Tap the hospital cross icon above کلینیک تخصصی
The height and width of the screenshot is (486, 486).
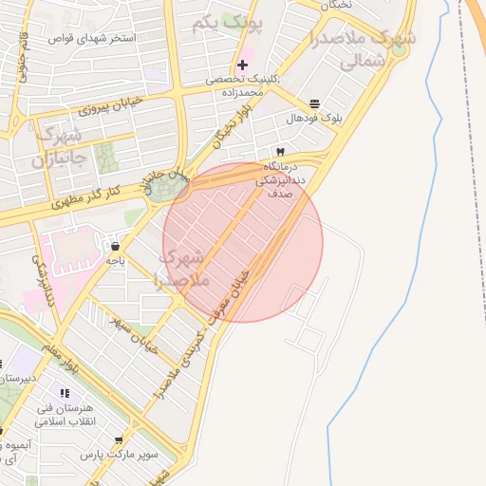pos(243,65)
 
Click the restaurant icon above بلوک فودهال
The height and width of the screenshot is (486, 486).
pos(314,103)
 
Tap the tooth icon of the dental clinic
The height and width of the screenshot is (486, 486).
pos(279,152)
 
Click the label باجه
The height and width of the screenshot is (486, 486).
pos(115,260)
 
